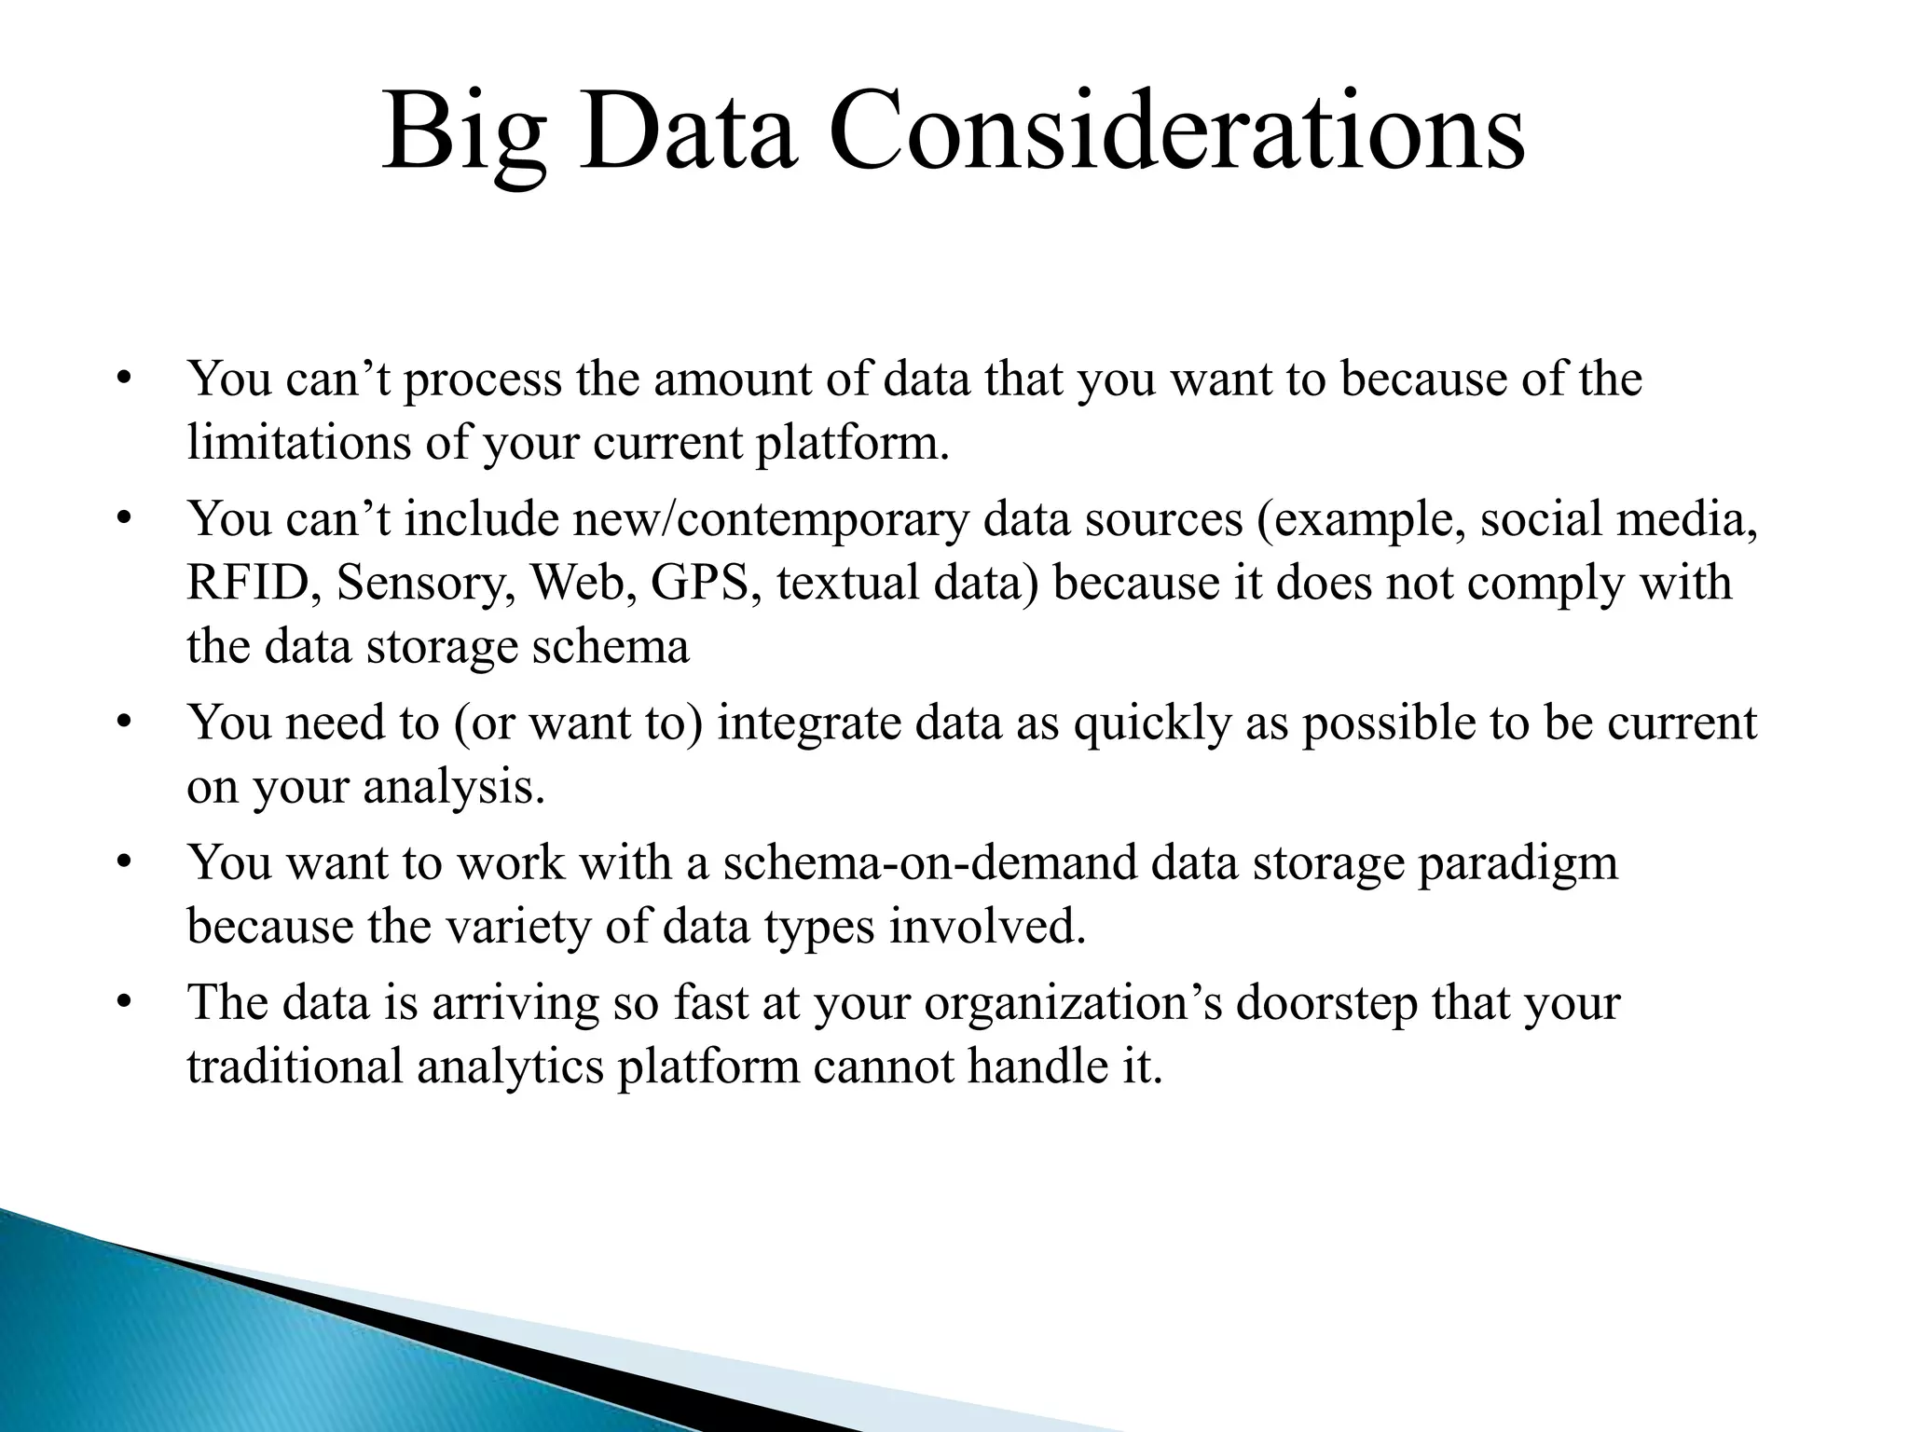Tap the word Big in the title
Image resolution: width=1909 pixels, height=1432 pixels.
(463, 135)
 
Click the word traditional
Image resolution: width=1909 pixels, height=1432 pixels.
(295, 1066)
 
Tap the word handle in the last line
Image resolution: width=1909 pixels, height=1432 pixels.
(1029, 1066)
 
